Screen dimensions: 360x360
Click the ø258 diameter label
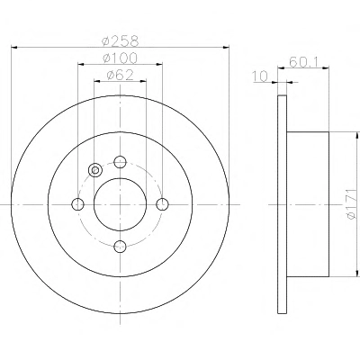point(121,41)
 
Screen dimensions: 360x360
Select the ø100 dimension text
point(120,58)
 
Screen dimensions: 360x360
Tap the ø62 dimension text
point(120,75)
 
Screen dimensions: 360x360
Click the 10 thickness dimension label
point(260,76)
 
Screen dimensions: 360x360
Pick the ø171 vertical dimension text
point(350,204)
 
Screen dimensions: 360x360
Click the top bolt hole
point(120,162)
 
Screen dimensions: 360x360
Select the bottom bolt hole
point(120,247)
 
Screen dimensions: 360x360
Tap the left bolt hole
point(78,204)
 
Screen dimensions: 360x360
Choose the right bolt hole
point(163,204)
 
